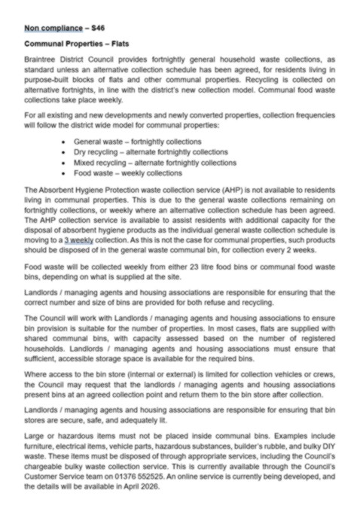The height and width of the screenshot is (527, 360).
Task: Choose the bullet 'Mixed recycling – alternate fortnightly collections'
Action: [154, 162]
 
